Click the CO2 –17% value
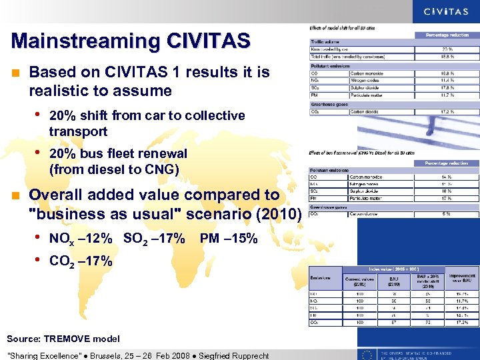pyautogui.click(x=81, y=261)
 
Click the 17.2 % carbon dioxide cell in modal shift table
pyautogui.click(x=447, y=111)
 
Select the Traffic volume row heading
pyautogui.click(x=325, y=42)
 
